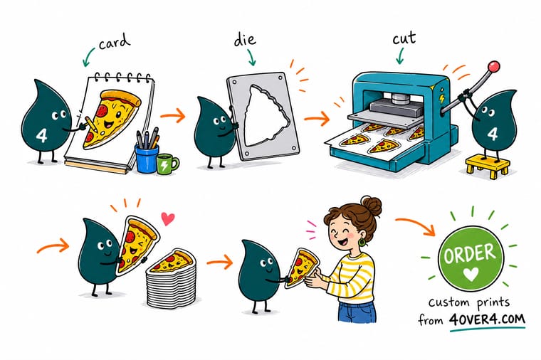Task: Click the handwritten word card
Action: click(x=115, y=42)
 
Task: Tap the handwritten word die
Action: click(x=245, y=39)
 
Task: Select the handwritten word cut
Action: click(x=404, y=38)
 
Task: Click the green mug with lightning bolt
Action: click(x=168, y=164)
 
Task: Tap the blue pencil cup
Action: click(x=147, y=158)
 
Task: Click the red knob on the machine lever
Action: click(x=494, y=66)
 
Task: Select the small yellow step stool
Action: click(x=487, y=166)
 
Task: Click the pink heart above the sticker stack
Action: click(x=168, y=218)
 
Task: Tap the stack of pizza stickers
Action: click(x=170, y=279)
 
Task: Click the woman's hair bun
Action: click(x=372, y=206)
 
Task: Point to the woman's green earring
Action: click(x=362, y=242)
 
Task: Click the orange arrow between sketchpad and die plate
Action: click(x=172, y=115)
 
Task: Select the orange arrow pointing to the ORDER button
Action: click(x=416, y=225)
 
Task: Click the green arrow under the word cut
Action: click(x=399, y=56)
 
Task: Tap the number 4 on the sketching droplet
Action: click(x=41, y=135)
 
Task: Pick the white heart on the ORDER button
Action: click(x=471, y=275)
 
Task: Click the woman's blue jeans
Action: click(x=357, y=312)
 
